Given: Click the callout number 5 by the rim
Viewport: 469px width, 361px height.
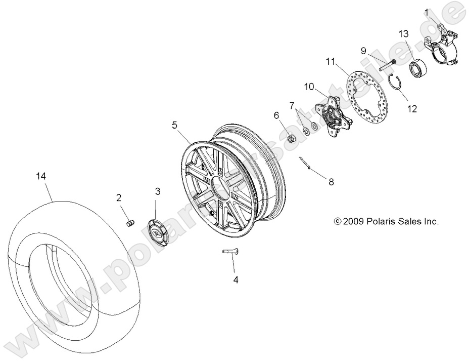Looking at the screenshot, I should click(175, 124).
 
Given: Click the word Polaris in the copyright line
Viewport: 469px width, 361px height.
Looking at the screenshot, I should click(376, 221).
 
